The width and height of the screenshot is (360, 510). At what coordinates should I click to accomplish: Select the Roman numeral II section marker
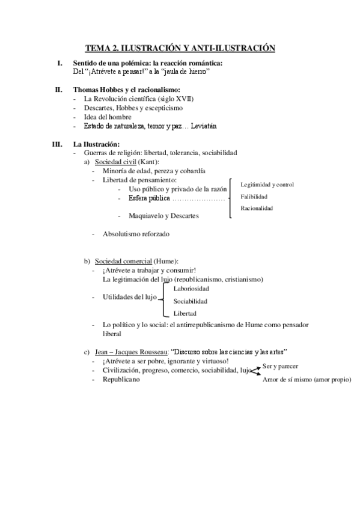click(58, 90)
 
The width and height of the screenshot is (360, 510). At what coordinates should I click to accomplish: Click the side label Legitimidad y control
click(267, 184)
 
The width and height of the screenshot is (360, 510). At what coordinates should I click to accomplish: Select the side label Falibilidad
click(254, 196)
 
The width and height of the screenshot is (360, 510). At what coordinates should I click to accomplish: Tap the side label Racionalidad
click(257, 208)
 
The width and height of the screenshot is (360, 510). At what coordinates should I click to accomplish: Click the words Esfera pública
click(144, 198)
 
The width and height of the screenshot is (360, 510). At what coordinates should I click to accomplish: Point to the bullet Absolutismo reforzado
click(136, 233)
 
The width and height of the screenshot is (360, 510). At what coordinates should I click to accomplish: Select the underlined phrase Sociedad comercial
click(123, 261)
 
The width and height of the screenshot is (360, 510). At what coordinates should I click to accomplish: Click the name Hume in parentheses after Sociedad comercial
click(166, 261)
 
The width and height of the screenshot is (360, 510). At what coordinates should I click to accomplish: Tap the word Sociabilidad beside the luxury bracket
click(191, 301)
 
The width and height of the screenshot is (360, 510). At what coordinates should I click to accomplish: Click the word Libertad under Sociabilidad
click(185, 313)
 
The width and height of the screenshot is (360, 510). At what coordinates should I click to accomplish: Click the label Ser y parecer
click(281, 366)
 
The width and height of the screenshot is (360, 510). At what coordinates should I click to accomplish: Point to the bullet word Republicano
click(121, 379)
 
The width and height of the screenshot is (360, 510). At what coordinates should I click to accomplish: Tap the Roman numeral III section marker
click(57, 144)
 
